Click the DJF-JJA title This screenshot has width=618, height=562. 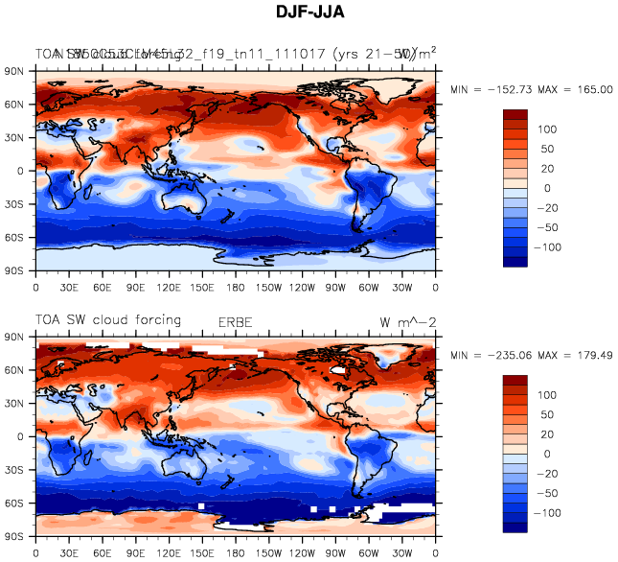tap(309, 12)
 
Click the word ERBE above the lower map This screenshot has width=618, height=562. tap(237, 321)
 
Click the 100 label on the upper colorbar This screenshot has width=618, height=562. tap(548, 129)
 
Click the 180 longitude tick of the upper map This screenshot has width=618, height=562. tap(236, 286)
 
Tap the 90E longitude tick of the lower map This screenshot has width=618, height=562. tap(136, 552)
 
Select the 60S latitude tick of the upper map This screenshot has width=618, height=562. tap(17, 237)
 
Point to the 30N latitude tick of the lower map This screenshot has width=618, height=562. tap(17, 404)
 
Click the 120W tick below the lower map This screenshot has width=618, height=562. tap(303, 552)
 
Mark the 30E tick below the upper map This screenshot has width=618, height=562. tap(69, 286)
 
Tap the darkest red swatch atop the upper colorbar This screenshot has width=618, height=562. tap(515, 114)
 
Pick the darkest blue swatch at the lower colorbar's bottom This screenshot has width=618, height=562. tap(515, 527)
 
